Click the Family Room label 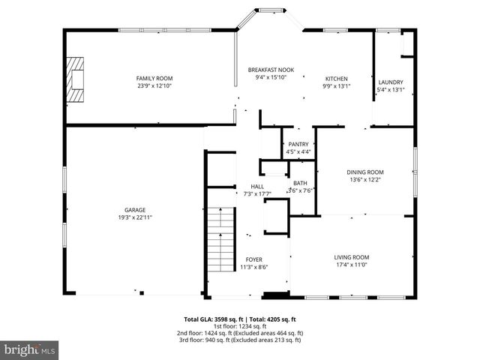point(154,79)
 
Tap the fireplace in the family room point(76,79)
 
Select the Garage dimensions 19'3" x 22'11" point(135,217)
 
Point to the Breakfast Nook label point(271,70)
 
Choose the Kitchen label point(336,79)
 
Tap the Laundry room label point(391,82)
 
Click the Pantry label point(298,144)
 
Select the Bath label point(300,183)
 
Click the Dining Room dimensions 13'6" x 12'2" point(367,179)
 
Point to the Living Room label point(352,257)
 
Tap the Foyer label point(254,259)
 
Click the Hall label point(257,186)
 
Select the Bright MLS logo point(30,349)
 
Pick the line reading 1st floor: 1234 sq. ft point(240,326)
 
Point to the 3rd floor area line point(240,340)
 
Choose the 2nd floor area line point(240,333)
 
